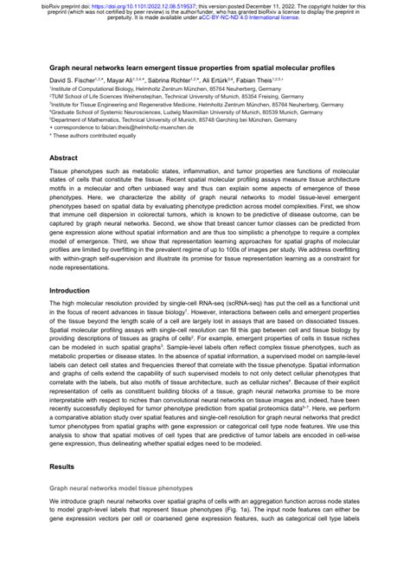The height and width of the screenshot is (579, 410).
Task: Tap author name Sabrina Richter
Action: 184,79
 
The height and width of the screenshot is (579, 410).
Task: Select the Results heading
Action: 63,466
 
